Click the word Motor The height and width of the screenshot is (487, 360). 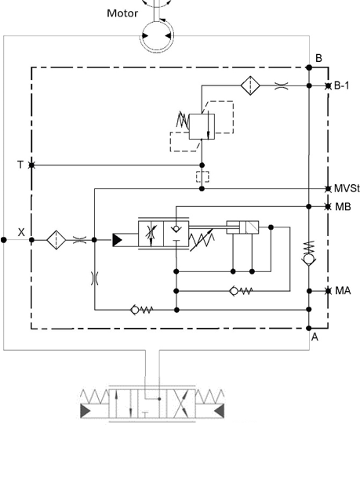122,13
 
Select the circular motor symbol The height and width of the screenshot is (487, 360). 157,36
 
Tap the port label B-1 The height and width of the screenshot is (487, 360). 342,85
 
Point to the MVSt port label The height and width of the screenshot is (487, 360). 347,188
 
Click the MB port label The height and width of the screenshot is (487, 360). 344,206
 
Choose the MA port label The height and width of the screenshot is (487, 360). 343,291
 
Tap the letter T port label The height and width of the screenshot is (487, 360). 20,165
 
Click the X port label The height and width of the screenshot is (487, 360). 21,232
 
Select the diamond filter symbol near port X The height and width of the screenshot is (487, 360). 56,240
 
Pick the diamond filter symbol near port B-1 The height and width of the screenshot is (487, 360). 250,85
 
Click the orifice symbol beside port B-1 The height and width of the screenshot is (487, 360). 282,85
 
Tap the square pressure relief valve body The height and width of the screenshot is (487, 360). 202,127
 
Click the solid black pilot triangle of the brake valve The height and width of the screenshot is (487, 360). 117,240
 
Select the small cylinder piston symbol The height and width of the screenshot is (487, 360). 242,227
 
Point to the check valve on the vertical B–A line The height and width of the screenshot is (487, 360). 309,259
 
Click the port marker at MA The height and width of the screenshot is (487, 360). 328,291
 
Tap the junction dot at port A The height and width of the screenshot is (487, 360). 309,329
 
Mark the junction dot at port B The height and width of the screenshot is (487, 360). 309,67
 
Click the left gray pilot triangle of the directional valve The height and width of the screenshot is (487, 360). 85,411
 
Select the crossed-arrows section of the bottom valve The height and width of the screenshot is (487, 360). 181,403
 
